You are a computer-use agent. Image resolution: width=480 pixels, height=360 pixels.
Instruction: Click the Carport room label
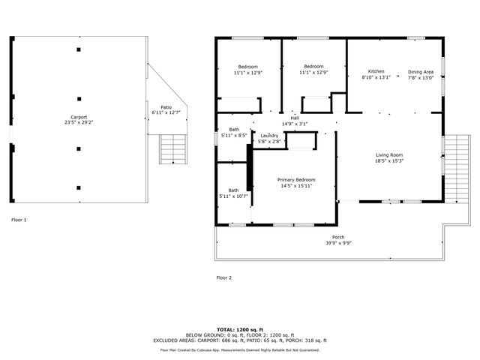[79, 116]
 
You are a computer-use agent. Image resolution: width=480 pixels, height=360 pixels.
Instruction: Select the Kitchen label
[376, 71]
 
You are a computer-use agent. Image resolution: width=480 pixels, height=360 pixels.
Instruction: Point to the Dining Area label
[420, 72]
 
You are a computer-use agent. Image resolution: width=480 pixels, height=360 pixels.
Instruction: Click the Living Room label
[389, 154]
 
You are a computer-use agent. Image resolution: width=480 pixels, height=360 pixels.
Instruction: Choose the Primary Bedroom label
[295, 179]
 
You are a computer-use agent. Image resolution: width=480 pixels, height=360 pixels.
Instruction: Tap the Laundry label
[269, 136]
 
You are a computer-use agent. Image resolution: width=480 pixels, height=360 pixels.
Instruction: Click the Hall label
[295, 118]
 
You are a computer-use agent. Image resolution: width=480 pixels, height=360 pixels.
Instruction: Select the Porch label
[339, 238]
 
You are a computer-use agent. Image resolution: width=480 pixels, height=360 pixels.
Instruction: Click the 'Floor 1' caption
[19, 220]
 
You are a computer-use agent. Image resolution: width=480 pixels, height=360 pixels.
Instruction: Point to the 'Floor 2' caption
[224, 277]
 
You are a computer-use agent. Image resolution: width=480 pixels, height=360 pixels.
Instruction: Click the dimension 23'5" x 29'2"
[79, 122]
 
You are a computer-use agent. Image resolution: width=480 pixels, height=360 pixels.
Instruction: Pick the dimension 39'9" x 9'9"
[339, 244]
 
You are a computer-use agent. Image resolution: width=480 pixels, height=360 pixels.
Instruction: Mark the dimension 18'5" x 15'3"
[389, 160]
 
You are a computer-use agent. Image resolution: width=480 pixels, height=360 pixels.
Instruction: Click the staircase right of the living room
[454, 169]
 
